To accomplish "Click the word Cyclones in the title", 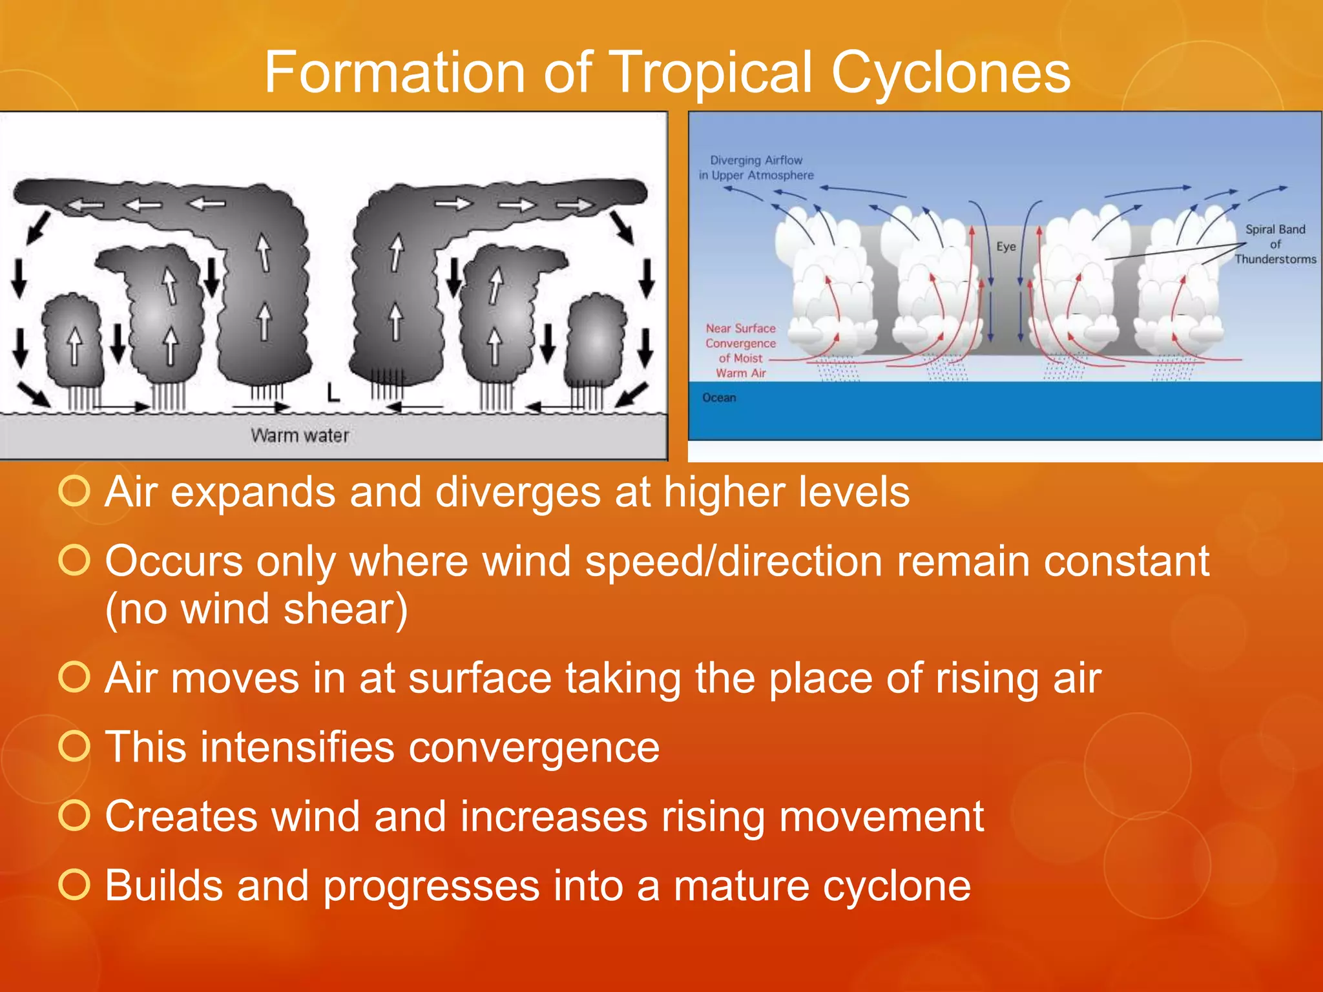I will coord(950,72).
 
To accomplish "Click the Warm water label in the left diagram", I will coord(300,435).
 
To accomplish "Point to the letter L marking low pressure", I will coord(333,392).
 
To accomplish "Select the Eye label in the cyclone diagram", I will coord(1006,246).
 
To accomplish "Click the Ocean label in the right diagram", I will coord(719,398).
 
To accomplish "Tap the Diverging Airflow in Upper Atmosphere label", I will coord(756,167).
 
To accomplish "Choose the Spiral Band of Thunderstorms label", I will coord(1275,244).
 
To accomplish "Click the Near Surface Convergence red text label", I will coord(740,351).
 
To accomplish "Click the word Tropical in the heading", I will coord(711,72).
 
